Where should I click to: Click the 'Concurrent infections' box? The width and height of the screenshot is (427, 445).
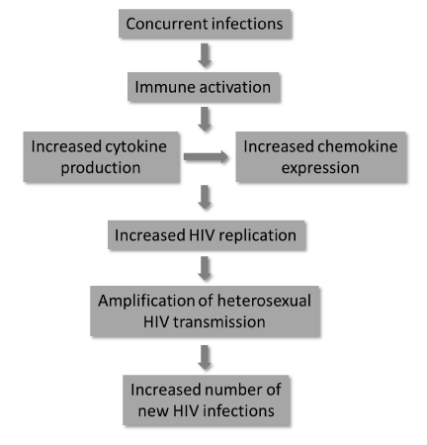(x=205, y=24)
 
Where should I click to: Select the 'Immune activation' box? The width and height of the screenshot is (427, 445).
(x=204, y=87)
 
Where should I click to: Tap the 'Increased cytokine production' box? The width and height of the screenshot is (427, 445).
(x=102, y=157)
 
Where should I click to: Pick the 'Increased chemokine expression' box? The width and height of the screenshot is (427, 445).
(x=321, y=157)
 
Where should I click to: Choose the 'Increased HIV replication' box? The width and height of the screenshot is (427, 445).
(x=207, y=235)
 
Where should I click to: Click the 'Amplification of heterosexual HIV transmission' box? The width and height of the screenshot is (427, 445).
(x=205, y=311)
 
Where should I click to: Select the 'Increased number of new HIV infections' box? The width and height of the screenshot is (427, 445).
(x=207, y=400)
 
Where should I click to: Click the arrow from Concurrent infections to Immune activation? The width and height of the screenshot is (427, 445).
(x=205, y=55)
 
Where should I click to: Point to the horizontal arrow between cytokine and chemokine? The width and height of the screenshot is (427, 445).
(x=206, y=157)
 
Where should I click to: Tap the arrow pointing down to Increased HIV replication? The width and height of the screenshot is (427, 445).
(x=205, y=197)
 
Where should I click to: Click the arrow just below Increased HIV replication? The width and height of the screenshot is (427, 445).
(x=205, y=268)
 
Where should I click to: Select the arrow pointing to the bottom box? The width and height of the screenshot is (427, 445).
(x=205, y=357)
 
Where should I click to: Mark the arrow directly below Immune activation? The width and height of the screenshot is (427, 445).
(x=205, y=119)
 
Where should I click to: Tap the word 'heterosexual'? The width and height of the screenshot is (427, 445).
(x=264, y=301)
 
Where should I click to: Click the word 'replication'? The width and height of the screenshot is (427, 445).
(x=257, y=236)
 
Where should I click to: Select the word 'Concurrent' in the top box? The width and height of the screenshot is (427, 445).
(x=167, y=24)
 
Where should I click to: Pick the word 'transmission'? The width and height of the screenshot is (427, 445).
(x=219, y=321)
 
